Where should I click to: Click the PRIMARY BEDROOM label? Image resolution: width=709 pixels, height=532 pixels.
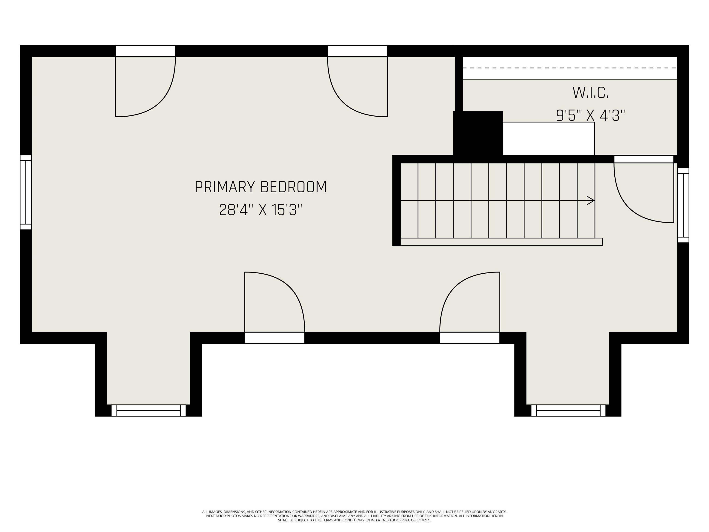point(261,187)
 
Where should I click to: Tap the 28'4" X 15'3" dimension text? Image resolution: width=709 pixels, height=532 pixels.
point(261,210)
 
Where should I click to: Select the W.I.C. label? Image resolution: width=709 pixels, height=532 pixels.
point(590,93)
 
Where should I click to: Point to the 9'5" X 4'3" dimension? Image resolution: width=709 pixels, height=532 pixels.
point(590,116)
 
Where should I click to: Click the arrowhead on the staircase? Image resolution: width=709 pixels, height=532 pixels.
point(590,200)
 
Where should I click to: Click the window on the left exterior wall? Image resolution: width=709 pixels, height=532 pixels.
point(26,192)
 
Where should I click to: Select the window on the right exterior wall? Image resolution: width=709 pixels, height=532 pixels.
point(683,205)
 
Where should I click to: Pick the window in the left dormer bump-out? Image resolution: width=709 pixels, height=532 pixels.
point(148,411)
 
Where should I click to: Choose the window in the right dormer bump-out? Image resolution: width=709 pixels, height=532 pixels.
point(568,411)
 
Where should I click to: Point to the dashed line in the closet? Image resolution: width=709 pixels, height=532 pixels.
point(570,68)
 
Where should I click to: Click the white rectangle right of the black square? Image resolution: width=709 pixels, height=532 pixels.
point(548,139)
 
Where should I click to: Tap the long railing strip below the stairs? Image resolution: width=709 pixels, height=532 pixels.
point(502,242)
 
